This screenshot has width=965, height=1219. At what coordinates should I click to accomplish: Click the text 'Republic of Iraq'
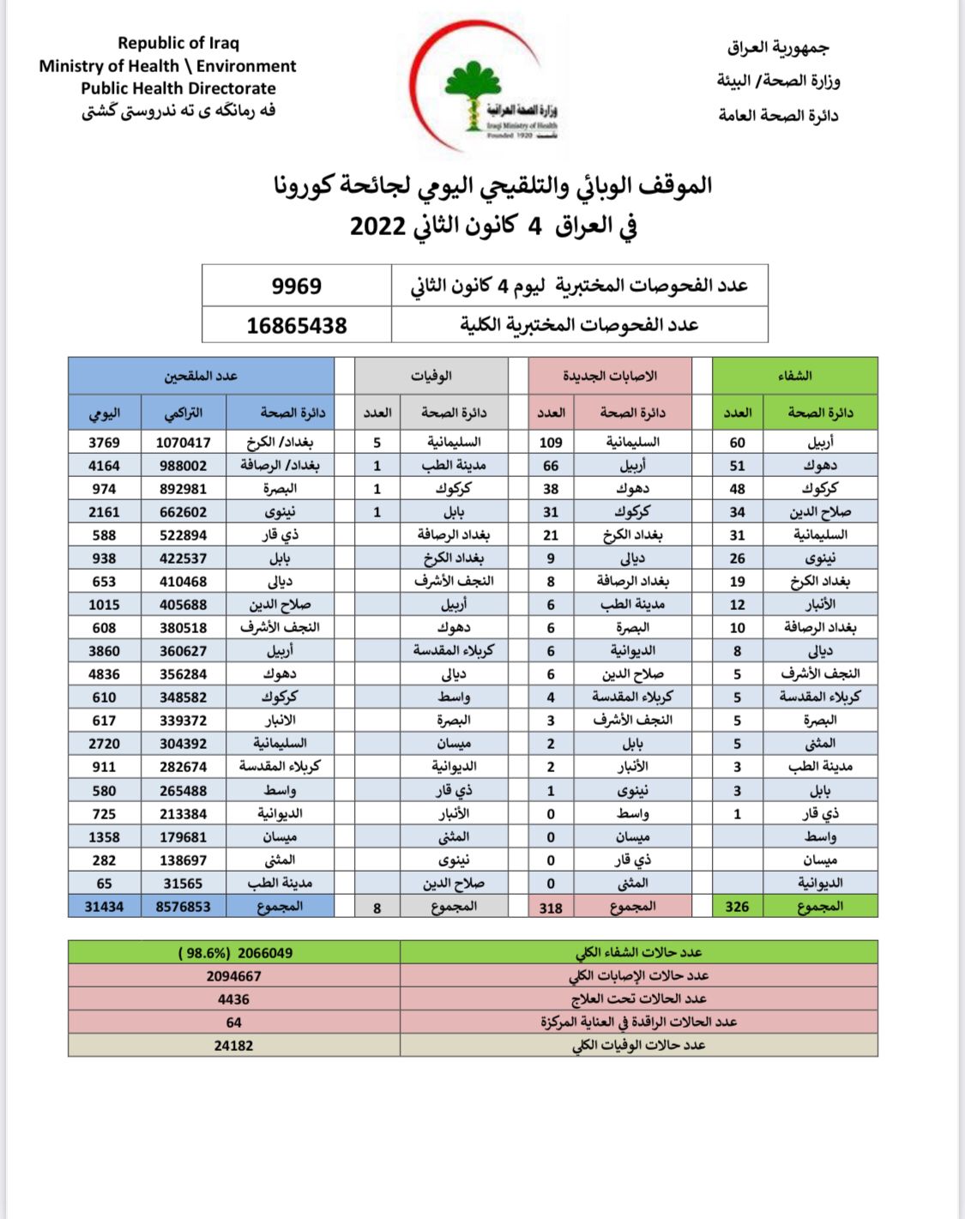pos(178,43)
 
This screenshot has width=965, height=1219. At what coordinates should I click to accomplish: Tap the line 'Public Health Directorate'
pos(178,88)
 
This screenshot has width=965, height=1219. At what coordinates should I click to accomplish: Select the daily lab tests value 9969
pos(297,286)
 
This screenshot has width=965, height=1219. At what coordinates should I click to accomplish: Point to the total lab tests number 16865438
pos(297,326)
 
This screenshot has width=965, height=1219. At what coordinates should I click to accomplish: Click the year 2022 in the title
pos(377,227)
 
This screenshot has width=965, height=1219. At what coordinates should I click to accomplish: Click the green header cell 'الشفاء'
pos(794,376)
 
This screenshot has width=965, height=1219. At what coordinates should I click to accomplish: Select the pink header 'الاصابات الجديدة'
pos(610,376)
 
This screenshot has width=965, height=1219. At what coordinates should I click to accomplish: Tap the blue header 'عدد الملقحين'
pos(201,376)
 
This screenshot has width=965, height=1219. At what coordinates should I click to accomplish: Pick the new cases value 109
pos(551,443)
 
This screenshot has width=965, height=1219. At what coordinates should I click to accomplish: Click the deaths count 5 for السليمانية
pos(377,443)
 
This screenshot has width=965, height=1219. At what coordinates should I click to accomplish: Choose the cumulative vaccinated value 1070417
pos(183,443)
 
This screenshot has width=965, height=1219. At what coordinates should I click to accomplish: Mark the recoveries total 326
pos(737,907)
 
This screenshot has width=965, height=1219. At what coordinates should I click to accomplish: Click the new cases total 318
pos(551,908)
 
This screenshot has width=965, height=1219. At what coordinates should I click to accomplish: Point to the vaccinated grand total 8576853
pos(183,907)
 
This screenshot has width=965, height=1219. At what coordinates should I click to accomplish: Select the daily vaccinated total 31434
pos(104,907)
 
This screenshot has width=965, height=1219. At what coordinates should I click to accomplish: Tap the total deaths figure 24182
pos(233,1046)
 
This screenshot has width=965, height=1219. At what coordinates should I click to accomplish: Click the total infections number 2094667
pos(233,976)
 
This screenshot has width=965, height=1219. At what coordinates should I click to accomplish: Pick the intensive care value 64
pos(233,1023)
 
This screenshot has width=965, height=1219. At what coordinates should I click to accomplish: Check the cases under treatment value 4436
pos(233,999)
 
